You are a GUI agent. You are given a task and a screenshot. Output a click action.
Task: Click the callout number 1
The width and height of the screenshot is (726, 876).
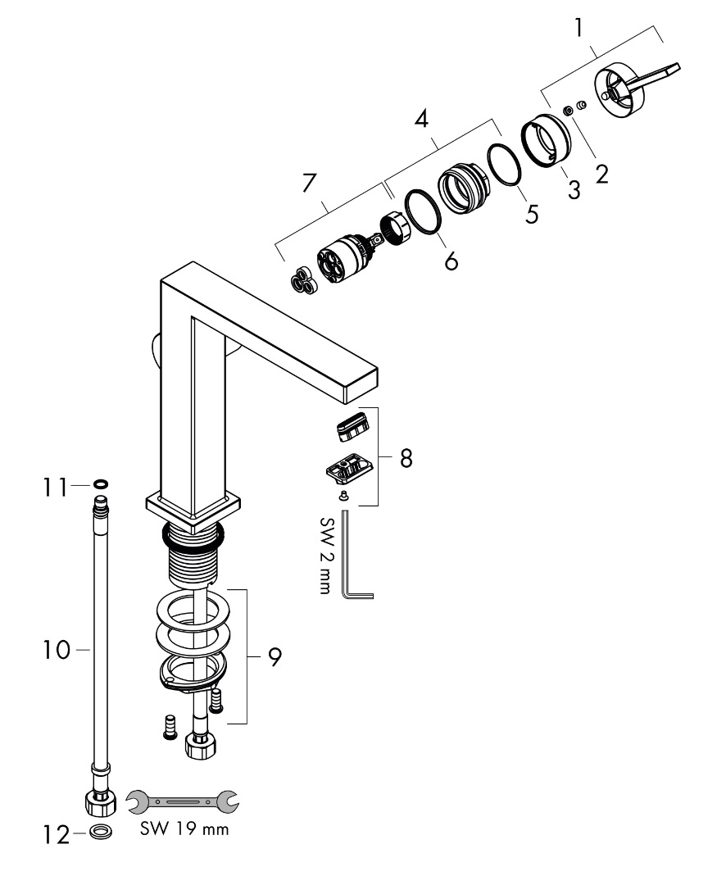pyautogui.click(x=579, y=29)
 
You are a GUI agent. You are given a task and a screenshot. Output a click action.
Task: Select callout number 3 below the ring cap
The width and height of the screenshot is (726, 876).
pyautogui.click(x=574, y=189)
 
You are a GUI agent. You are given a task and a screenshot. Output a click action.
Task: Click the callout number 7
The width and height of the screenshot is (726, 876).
pyautogui.click(x=308, y=184)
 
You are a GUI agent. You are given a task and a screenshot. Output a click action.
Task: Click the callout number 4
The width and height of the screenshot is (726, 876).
pyautogui.click(x=421, y=120)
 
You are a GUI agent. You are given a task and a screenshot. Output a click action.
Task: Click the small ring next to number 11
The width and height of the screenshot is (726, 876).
pyautogui.click(x=100, y=484)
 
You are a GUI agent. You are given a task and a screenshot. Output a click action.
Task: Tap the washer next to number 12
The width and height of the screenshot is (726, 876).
pyautogui.click(x=102, y=833)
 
